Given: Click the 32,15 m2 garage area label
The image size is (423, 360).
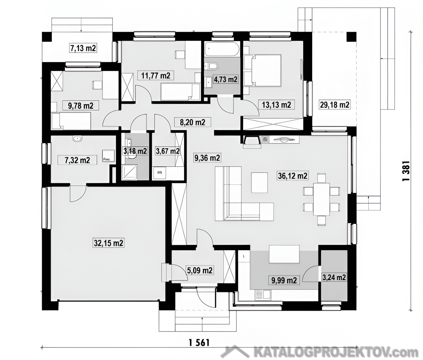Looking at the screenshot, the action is pos(109,243).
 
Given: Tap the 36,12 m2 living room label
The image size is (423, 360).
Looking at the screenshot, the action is pos(293,176).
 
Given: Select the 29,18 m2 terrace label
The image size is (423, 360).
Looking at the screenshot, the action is pos(335,104).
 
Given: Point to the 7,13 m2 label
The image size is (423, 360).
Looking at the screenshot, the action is pos(83,48).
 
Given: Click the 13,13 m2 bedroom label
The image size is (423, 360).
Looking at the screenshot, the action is pos(276,104).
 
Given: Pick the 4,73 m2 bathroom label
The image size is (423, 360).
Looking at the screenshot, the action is pos(226,80).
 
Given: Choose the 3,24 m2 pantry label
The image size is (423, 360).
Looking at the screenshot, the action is pos(334,277).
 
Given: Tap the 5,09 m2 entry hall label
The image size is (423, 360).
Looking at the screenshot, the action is pos(200,270).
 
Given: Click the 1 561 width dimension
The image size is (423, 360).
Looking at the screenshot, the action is pos(199,343).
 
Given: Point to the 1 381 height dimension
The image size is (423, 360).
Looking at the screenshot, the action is pos(406,171).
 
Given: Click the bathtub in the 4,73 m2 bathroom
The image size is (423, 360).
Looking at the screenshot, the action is pos(222,49).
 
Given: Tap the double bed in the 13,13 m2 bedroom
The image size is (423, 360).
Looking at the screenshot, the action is pos(263,71).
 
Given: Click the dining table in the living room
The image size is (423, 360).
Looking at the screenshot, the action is pos(322,199).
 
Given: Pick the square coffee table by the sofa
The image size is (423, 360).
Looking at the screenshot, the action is pos(260,183).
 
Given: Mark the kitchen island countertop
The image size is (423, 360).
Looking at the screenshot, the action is pos(284,254).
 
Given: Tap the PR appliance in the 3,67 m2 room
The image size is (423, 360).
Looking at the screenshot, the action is pos(159,173).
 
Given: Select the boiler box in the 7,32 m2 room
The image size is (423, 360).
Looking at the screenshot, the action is pos(109,156).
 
